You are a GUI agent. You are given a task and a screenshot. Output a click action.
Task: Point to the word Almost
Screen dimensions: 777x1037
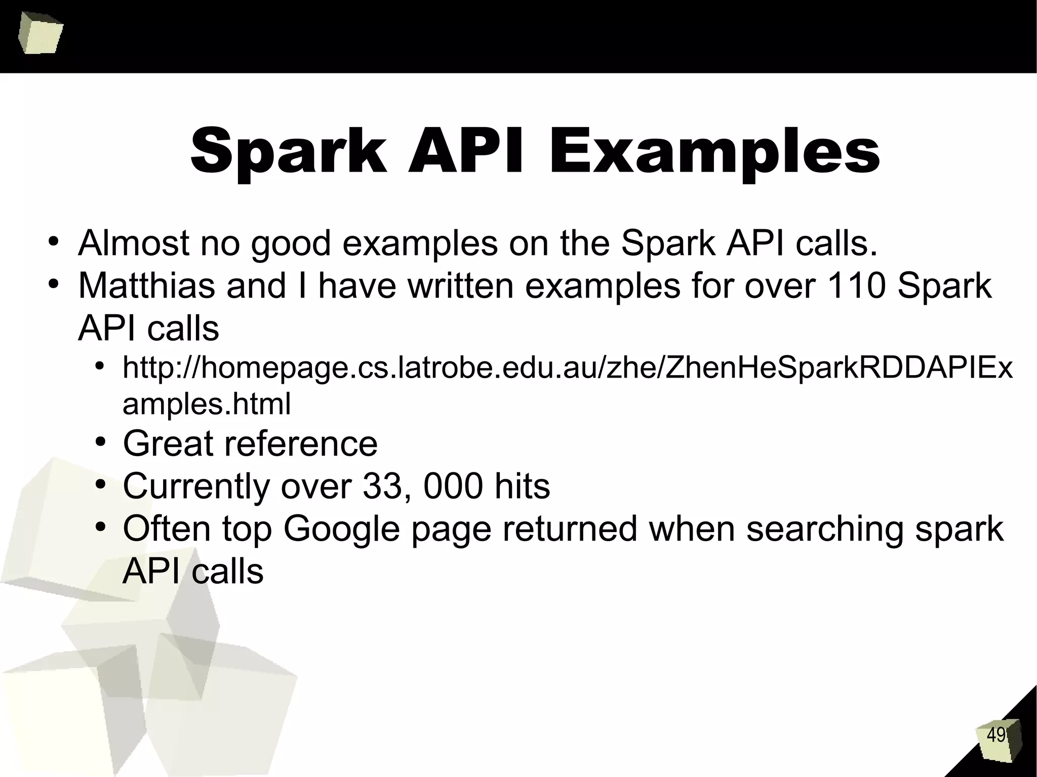pos(134,243)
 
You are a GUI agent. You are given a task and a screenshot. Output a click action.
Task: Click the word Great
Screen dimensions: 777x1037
pos(167,444)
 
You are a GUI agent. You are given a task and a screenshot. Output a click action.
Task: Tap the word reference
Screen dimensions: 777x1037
pos(301,444)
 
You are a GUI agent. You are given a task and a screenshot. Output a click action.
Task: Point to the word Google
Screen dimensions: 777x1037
pos(343,529)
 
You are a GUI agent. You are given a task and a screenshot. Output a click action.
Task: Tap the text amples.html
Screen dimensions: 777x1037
pos(207,404)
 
